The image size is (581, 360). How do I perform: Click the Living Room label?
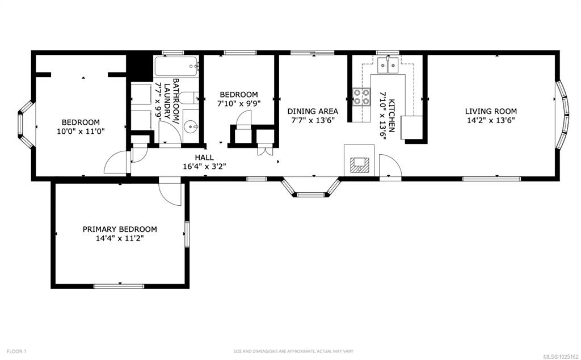[491, 111]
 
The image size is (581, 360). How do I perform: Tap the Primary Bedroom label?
[120, 229]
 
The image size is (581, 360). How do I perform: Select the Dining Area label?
[313, 111]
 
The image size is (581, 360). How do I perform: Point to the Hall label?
[204, 158]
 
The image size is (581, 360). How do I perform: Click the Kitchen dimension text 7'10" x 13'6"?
[382, 116]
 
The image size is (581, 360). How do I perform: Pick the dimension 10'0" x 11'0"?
[81, 131]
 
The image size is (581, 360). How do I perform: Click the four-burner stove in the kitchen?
[361, 97]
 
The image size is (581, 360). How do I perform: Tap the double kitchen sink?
[388, 66]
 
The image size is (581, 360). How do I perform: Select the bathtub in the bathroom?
[176, 67]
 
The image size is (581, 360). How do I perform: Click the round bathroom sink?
[192, 127]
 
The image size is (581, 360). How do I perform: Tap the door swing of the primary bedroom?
[170, 193]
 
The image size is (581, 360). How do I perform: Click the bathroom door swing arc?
[170, 132]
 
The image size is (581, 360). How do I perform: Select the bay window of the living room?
[562, 115]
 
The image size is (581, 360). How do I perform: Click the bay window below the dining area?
[310, 188]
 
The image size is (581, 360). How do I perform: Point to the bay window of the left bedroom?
[26, 125]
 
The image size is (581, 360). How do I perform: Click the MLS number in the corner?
[562, 351]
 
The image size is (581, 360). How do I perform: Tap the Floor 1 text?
[16, 351]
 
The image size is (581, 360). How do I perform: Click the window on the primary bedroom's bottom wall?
[119, 286]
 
